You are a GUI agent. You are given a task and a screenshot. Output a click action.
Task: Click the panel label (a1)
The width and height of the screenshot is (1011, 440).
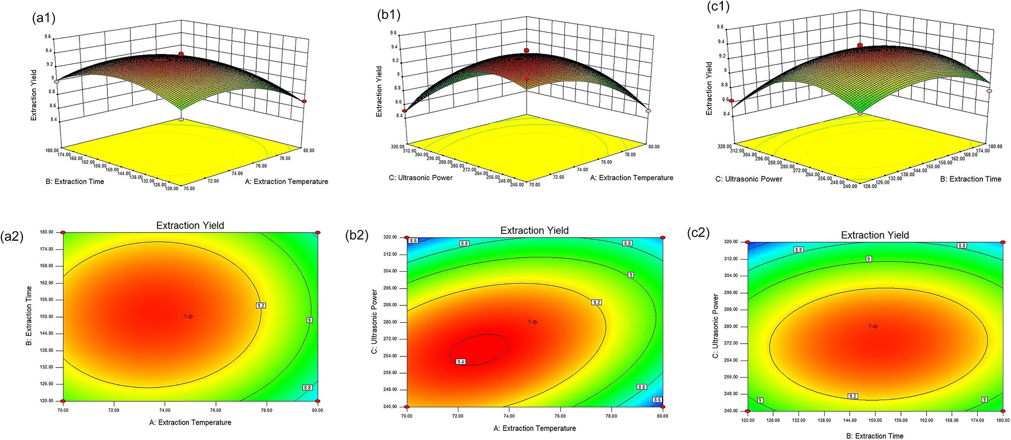click(43, 19)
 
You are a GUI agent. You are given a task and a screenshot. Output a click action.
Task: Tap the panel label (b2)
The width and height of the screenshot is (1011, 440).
click(357, 235)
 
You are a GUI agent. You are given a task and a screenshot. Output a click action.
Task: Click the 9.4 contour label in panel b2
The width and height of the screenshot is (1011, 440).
click(461, 361)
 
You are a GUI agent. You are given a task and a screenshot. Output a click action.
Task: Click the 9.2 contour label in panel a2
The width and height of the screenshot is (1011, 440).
click(261, 305)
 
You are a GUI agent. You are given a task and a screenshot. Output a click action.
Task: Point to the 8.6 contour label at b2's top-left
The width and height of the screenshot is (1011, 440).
click(414, 241)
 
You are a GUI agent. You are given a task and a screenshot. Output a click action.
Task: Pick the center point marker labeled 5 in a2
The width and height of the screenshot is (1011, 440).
click(190, 317)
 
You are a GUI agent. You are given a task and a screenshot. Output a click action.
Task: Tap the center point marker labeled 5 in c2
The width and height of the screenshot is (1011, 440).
click(875, 326)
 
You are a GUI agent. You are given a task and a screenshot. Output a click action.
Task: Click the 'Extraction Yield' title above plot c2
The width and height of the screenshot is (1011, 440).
click(875, 235)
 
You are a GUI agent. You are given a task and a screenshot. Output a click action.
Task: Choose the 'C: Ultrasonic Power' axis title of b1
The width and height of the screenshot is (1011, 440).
click(420, 177)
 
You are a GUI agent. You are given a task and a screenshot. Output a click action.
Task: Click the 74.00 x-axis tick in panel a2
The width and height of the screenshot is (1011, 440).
click(165, 410)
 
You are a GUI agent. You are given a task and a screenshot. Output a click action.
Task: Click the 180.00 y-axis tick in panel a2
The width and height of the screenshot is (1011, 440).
click(46, 232)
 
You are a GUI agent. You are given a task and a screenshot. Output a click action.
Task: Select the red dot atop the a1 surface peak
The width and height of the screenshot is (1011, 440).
click(181, 54)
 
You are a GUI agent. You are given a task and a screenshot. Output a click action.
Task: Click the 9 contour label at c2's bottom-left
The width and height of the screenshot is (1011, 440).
click(760, 400)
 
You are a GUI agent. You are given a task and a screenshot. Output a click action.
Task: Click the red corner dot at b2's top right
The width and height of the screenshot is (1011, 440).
click(663, 238)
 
